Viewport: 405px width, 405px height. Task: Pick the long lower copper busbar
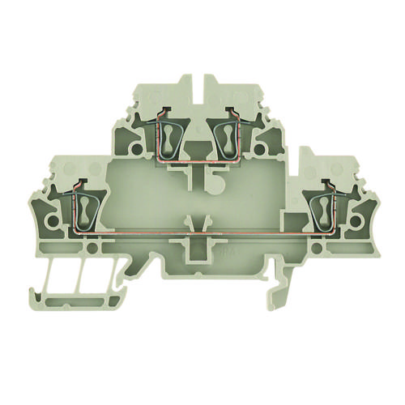202,234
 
